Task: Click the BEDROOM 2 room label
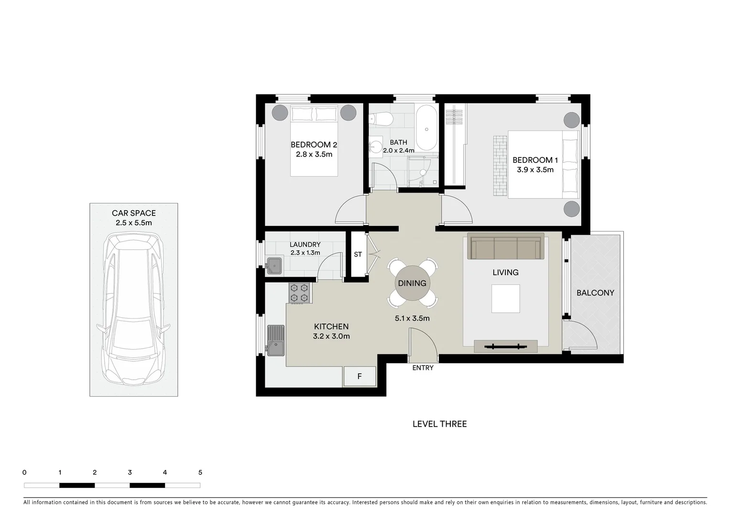pos(314,144)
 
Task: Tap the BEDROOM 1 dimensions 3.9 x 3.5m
pos(535,170)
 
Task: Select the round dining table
pos(412,283)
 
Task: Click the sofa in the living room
pos(505,247)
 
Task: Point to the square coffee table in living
pos(505,299)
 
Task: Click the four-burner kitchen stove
pos(299,293)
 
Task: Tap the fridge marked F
pos(360,376)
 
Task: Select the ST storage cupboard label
pos(358,255)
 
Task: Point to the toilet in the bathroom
pos(380,118)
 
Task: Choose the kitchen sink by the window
pos(275,340)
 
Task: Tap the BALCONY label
pos(595,293)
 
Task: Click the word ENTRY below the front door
pos(423,368)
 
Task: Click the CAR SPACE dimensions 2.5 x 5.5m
pos(133,223)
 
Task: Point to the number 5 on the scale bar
pos(200,473)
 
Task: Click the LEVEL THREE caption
pos(439,424)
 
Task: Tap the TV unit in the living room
pos(505,346)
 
